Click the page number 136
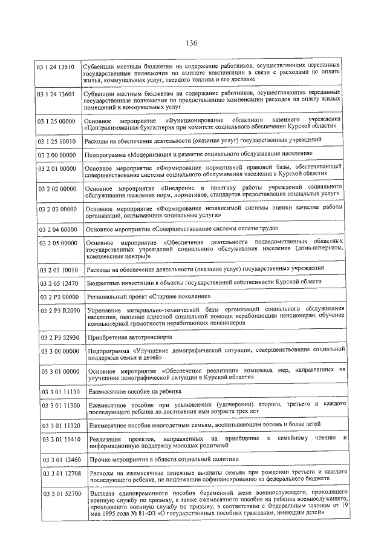click(x=192, y=42)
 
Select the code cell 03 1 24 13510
click(x=59, y=65)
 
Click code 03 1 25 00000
click(x=59, y=121)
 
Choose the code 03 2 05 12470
click(x=59, y=282)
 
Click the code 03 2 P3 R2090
click(x=59, y=311)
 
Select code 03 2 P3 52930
click(x=59, y=337)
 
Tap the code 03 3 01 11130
click(x=59, y=392)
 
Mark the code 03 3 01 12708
click(x=59, y=472)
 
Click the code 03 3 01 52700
click(x=59, y=495)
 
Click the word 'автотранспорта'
click(x=150, y=337)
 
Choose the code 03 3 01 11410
click(x=59, y=438)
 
